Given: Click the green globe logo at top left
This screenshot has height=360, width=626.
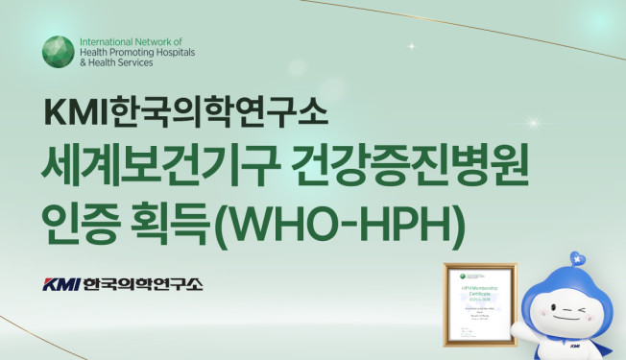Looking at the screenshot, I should (x=59, y=52).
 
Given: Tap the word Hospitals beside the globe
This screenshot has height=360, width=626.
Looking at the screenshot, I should (x=172, y=52).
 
